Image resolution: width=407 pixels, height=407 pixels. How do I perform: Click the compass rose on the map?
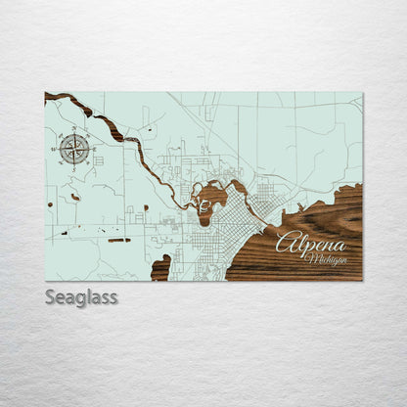pos(74,149)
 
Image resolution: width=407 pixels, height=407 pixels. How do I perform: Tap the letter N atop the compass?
pos(74,134)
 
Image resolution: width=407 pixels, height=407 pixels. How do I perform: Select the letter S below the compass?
pos(74,164)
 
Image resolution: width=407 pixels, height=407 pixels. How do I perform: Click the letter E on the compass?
pos(90,149)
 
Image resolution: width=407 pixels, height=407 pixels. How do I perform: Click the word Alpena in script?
pos(310,243)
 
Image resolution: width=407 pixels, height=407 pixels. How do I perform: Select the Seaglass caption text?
pos(80,296)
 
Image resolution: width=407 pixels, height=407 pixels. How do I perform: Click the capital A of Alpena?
pos(285,242)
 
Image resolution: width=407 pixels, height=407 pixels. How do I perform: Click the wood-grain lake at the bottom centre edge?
pos(160,268)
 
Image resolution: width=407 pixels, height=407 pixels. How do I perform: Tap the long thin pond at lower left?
pos(118,240)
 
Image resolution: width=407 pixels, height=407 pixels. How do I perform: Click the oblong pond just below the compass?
pos(75,197)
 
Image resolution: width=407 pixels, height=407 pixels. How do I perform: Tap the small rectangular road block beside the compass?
pos(98,160)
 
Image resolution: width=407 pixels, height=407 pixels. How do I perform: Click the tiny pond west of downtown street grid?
pos(146,207)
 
